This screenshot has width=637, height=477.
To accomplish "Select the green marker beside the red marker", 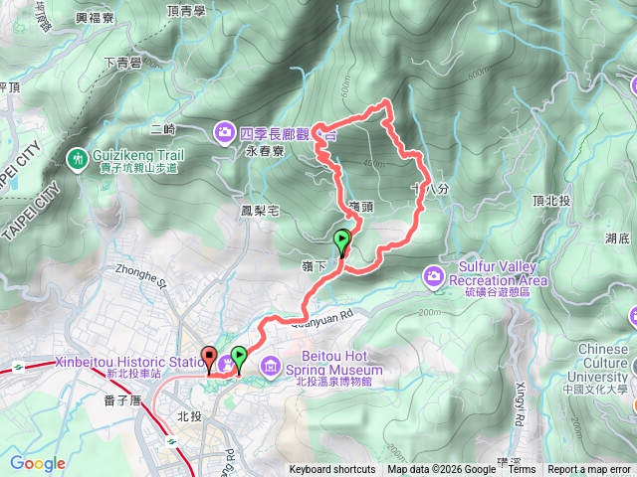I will [239, 358].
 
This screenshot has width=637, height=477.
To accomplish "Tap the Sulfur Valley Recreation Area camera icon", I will [435, 274].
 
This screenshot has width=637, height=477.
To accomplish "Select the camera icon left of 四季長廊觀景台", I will [225, 130].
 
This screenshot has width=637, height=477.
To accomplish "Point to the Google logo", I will [38, 464].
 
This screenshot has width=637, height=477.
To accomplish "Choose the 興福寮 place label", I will [96, 18].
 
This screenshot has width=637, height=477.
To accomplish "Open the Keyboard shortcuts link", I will [332, 470].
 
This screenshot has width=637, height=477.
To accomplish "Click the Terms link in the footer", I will [521, 470].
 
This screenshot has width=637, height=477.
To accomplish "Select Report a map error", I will [590, 470].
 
